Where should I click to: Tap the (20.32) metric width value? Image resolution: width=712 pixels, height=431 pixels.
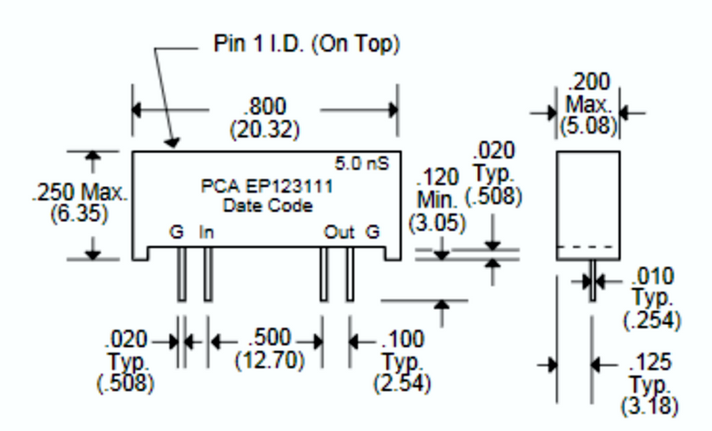(264, 129)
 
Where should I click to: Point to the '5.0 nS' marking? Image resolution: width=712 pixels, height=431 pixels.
(363, 164)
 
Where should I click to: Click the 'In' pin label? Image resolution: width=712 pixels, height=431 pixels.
(206, 233)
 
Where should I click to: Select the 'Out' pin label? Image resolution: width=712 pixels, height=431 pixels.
(339, 233)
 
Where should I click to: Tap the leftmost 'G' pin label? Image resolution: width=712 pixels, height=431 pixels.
(177, 233)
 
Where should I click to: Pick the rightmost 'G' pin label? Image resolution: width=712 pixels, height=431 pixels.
(373, 233)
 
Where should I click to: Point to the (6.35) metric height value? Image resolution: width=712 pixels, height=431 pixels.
(77, 214)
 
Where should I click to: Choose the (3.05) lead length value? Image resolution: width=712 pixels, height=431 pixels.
(437, 222)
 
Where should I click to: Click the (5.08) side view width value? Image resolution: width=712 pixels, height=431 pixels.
(588, 126)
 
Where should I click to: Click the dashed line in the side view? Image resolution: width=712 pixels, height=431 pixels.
(587, 246)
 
